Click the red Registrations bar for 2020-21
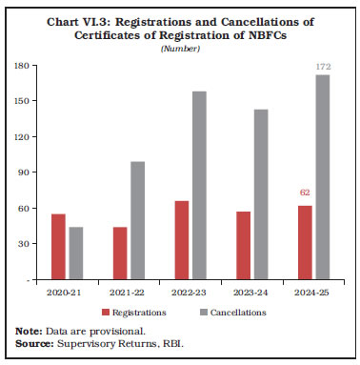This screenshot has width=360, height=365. point(59,247)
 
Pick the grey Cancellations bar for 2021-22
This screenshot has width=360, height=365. point(137,220)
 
